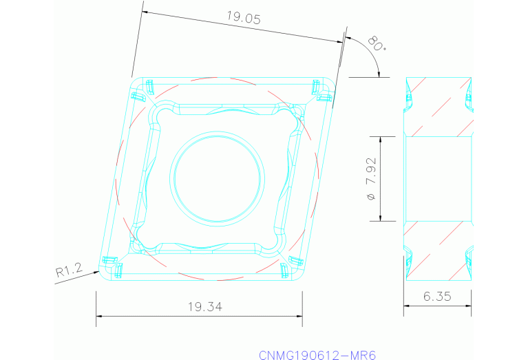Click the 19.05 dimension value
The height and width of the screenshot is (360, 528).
244,19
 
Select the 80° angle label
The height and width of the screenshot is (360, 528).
377,43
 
